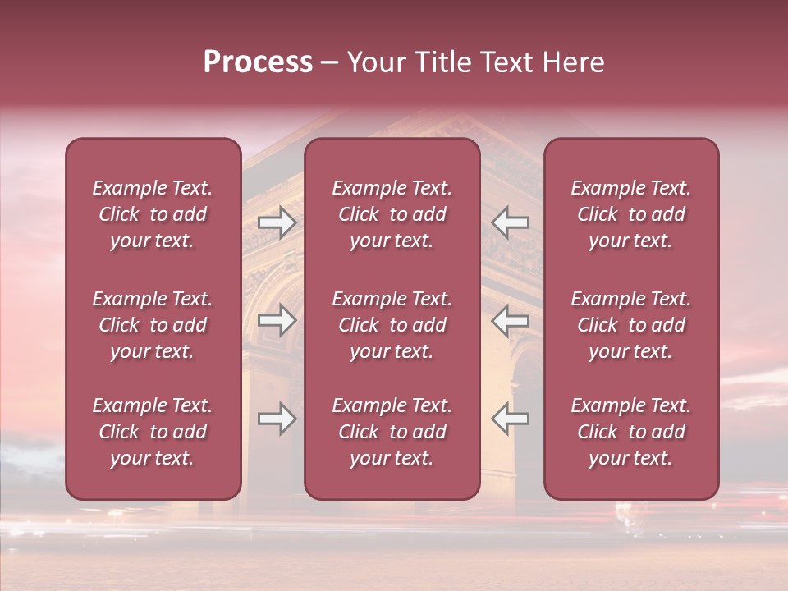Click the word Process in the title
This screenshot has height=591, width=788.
pos(258,62)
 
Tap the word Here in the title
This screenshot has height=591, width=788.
pos(571,62)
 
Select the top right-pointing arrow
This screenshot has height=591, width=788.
pos(277,222)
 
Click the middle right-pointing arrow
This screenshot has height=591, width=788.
pos(277,319)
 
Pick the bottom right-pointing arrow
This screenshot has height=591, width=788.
pos(277,419)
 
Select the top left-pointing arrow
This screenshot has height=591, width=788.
pos(511,222)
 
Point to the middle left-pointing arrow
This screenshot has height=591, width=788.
pos(511,319)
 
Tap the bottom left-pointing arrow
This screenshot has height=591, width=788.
pos(511,419)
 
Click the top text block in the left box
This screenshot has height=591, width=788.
pos(153,214)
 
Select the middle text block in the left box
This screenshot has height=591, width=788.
pos(153,325)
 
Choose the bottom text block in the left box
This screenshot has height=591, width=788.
pos(153,432)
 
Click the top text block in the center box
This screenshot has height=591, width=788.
pos(392,214)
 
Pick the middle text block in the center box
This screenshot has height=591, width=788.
pos(392,325)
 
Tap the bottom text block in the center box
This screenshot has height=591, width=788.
pos(392,432)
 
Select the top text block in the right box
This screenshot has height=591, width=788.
pos(631,214)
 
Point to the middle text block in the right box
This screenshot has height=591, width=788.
pos(631,325)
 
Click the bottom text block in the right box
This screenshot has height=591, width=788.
pos(631,432)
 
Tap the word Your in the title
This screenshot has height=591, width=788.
pos(372,62)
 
